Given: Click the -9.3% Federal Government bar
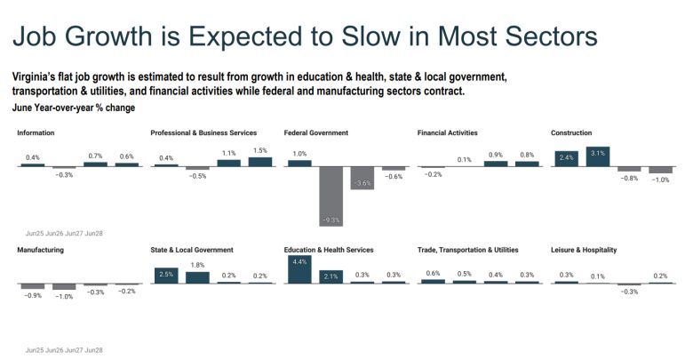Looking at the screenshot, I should [331, 196].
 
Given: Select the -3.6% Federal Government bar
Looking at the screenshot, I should [362, 179].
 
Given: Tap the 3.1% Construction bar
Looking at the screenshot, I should [597, 157].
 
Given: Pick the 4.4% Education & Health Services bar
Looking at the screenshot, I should [299, 269].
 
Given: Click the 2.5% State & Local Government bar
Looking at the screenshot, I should [165, 275].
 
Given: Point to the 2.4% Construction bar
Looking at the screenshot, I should [566, 159].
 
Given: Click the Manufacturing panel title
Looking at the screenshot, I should [40, 250].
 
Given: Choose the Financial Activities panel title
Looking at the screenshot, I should [447, 132].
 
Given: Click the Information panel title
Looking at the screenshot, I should [36, 132].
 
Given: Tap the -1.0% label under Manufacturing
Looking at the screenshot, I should [64, 297].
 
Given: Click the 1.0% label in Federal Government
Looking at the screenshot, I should [299, 154].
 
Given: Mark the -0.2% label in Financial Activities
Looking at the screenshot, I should [432, 174].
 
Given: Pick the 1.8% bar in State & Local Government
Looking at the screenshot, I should [197, 276].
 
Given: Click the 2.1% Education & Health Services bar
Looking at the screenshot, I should [331, 276].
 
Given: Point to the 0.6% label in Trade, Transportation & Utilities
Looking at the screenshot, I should [433, 273].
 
